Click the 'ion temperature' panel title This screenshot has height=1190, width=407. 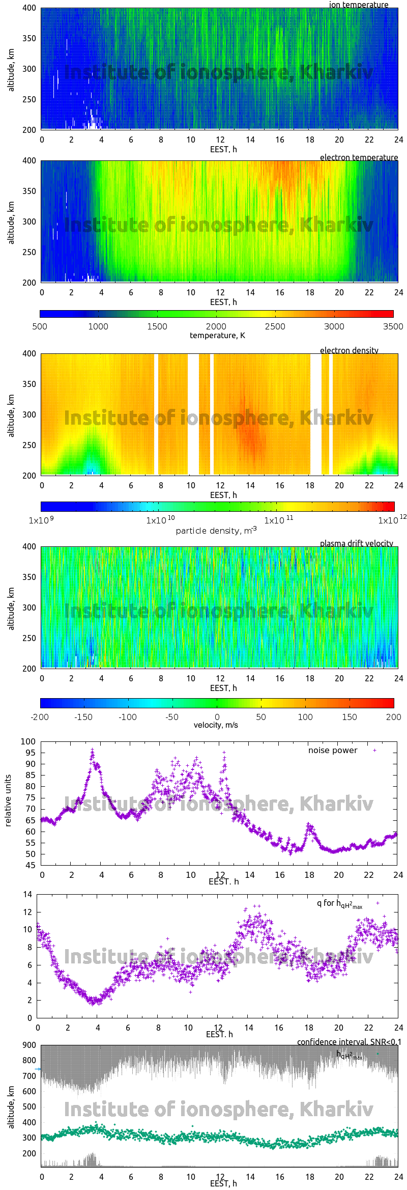[x=358, y=5]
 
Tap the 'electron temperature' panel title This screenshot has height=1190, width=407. [x=359, y=157]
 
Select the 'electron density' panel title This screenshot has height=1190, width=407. [x=349, y=350]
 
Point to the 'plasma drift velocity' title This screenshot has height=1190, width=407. [x=356, y=543]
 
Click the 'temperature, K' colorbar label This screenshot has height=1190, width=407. [x=217, y=335]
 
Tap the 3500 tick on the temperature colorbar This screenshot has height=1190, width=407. [x=393, y=326]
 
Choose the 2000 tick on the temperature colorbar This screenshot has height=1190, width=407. [x=216, y=326]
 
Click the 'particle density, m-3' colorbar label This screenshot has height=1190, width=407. [x=216, y=531]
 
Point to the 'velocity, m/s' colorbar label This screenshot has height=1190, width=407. [x=216, y=725]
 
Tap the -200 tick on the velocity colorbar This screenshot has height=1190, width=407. [x=40, y=717]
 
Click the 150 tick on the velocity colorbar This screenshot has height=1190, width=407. [x=349, y=717]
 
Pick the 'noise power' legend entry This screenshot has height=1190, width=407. [x=333, y=751]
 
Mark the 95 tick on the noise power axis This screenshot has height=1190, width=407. [x=31, y=753]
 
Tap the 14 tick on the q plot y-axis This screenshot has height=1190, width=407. [x=27, y=894]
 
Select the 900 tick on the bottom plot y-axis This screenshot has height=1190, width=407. [x=30, y=1045]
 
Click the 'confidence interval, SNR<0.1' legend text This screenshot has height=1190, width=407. [x=349, y=1042]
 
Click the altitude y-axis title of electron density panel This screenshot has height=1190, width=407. [x=11, y=415]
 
